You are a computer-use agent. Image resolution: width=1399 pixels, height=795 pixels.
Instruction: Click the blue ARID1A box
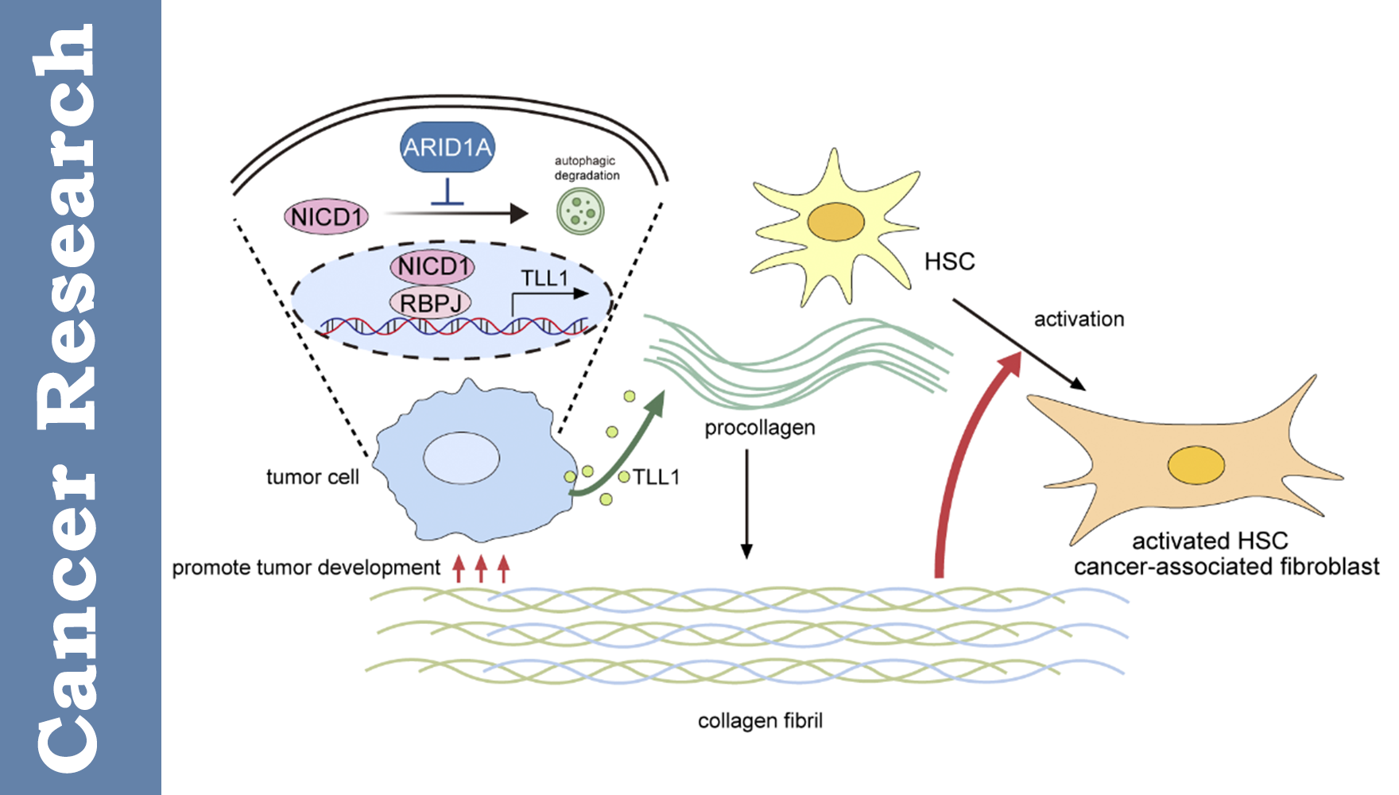(447, 147)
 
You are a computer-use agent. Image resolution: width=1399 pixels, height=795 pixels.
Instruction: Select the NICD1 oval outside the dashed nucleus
(327, 217)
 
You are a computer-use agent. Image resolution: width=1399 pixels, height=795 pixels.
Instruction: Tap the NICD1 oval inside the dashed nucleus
(432, 266)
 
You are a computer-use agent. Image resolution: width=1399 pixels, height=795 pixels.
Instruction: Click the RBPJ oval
(430, 303)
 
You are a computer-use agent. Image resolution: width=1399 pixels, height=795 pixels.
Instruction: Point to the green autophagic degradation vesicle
(580, 211)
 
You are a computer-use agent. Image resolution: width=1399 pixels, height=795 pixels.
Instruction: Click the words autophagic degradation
(587, 168)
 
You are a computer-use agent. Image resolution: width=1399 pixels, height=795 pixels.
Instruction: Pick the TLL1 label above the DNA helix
(544, 278)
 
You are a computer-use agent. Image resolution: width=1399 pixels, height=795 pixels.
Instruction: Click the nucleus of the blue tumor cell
(461, 458)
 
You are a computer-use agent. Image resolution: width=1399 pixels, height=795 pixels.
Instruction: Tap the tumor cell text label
(312, 477)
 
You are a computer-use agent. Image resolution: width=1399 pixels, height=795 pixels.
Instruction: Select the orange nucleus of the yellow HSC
(835, 222)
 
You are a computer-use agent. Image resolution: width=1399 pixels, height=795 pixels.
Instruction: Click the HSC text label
(949, 262)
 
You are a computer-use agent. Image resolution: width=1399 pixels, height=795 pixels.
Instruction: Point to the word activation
(1079, 320)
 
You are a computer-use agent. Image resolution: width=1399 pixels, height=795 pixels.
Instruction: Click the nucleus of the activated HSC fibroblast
(1196, 466)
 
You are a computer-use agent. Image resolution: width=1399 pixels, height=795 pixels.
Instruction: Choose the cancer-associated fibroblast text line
(1227, 567)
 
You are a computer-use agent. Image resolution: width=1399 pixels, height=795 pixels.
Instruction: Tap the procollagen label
(760, 429)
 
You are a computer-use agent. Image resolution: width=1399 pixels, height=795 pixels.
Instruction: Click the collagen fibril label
(760, 721)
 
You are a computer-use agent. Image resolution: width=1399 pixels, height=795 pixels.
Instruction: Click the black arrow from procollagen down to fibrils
(746, 504)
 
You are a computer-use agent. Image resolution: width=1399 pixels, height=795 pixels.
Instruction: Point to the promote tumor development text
(306, 568)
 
